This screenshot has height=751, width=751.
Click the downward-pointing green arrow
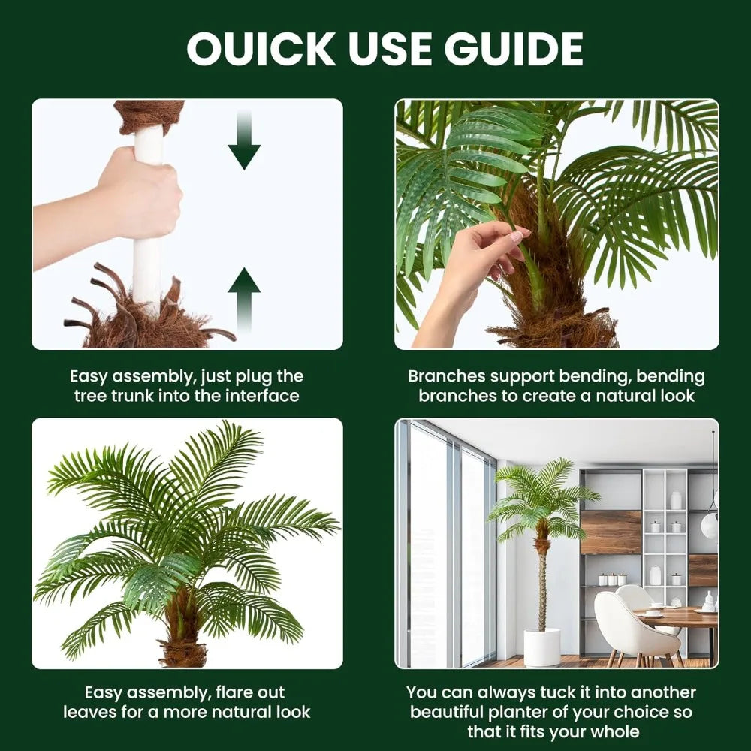[244, 143]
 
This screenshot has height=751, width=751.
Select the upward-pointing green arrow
[244, 297]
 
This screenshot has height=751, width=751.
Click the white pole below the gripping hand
[147, 270]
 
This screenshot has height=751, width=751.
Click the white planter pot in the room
[541, 647]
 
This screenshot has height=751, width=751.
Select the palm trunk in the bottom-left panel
[182, 631]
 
